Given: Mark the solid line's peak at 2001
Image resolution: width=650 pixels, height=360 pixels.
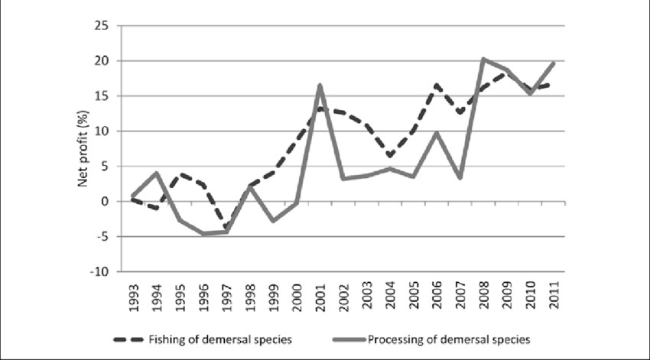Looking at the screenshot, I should tap(319, 85).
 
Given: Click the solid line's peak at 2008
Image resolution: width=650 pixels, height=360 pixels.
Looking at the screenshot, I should tap(482, 59).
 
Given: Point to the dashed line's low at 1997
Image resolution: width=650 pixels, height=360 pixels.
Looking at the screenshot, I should tap(226, 229).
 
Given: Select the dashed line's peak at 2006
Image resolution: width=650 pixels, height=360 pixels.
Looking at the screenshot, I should tap(435, 85).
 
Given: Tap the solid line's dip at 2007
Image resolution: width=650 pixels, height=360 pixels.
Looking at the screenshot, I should tap(459, 178).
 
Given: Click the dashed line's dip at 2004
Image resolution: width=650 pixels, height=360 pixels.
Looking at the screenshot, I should tap(389, 156).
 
